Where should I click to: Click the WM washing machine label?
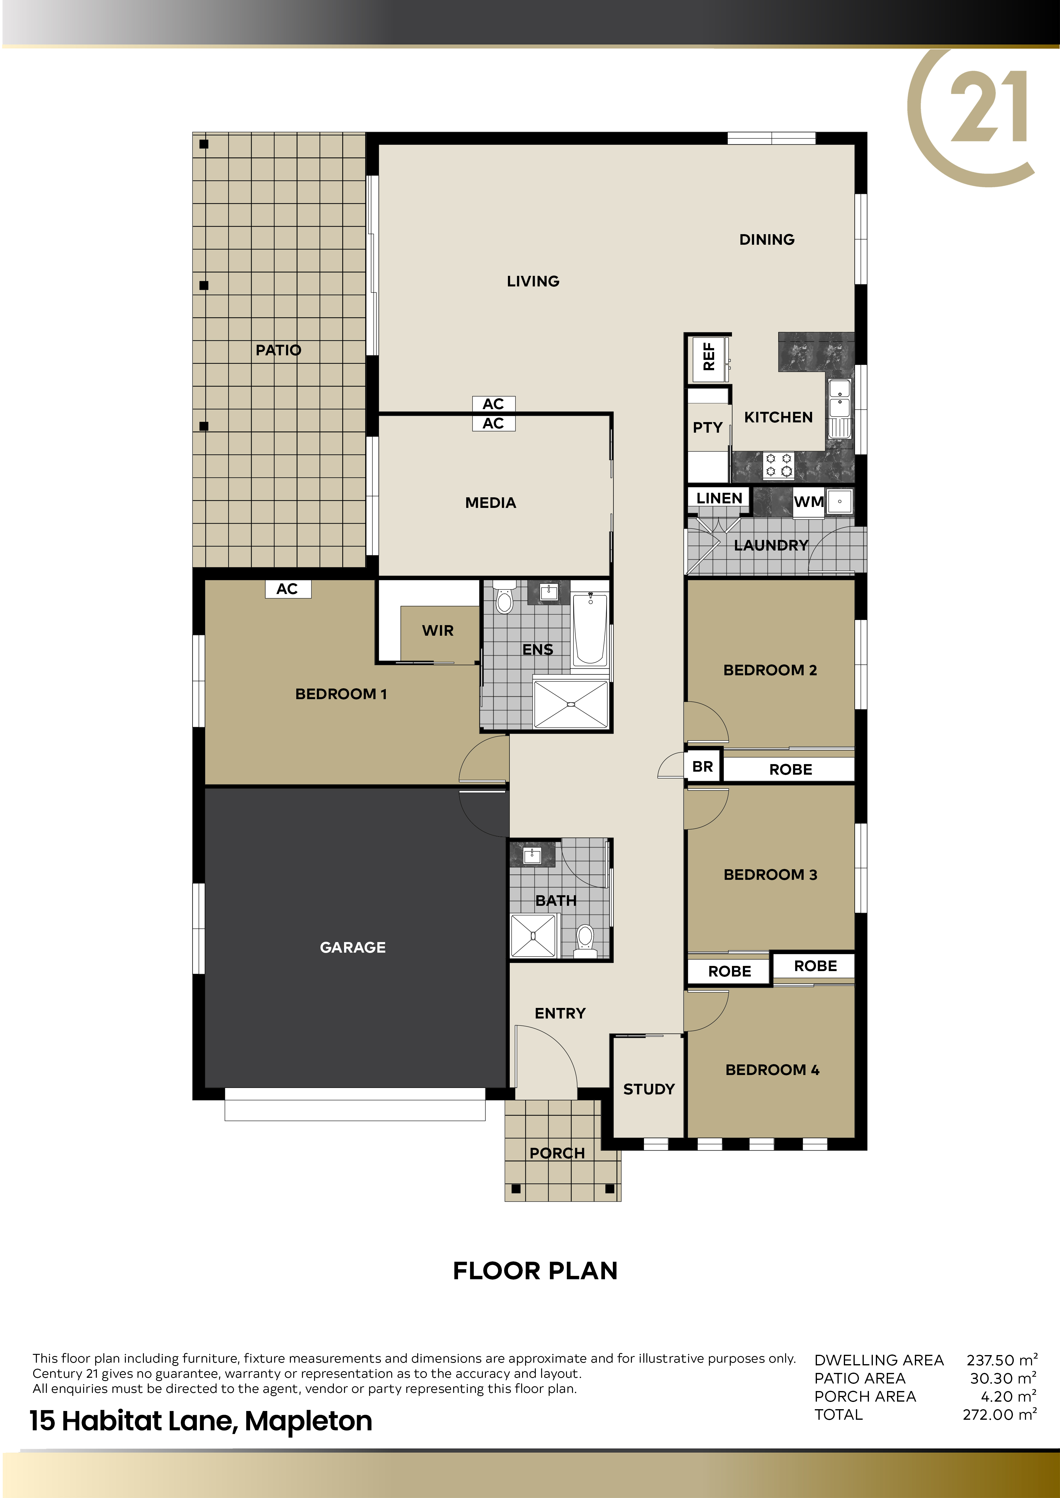[809, 502]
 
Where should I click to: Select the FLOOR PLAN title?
[535, 1270]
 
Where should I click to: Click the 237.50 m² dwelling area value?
[1001, 1360]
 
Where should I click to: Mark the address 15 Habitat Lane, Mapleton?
[201, 1420]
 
